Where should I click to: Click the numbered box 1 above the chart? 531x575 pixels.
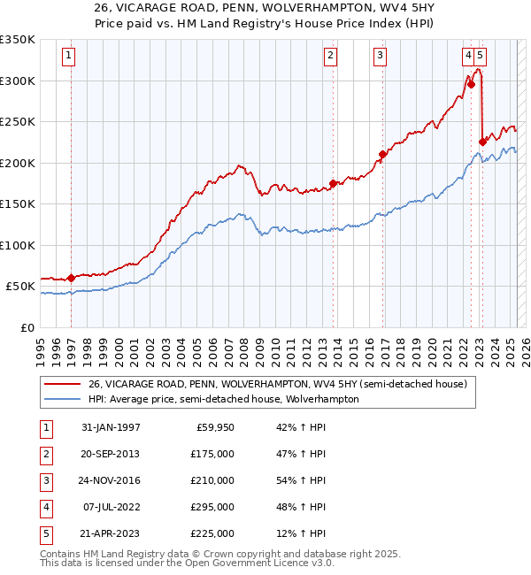tap(68, 56)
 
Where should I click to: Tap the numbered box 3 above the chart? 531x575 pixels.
tap(380, 56)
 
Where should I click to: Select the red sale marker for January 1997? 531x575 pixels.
tap(71, 279)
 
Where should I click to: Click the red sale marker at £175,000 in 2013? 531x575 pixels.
tap(333, 184)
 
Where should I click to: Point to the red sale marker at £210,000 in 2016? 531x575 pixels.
tap(382, 155)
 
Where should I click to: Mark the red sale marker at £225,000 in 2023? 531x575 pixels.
tap(482, 141)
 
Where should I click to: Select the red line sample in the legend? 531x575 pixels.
tap(61, 384)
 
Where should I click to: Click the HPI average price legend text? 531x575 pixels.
tap(223, 399)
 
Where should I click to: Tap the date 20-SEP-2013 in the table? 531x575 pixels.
tap(111, 454)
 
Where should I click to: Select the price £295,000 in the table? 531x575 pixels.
tap(212, 507)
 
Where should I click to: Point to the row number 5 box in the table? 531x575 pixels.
tap(44, 533)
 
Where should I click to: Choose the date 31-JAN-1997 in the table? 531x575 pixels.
tap(111, 427)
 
